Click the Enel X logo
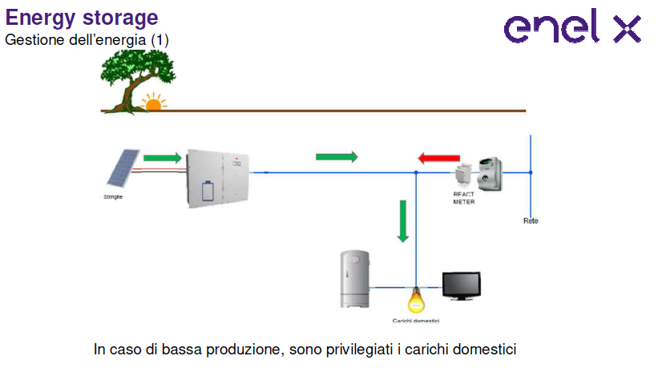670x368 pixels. [x=572, y=29]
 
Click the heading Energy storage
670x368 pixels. [x=82, y=17]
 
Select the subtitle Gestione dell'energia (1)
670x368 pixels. [x=87, y=38]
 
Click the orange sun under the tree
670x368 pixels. [x=151, y=103]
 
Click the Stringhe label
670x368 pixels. [x=113, y=196]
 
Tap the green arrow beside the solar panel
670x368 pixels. [x=163, y=158]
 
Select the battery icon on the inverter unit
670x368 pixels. [x=208, y=192]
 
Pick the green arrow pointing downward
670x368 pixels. [x=403, y=220]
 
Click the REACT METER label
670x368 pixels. [x=464, y=198]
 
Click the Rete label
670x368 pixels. [x=530, y=220]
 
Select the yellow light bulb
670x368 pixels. [x=415, y=301]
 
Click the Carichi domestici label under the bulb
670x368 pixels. [x=415, y=321]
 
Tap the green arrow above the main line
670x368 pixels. [x=337, y=156]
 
